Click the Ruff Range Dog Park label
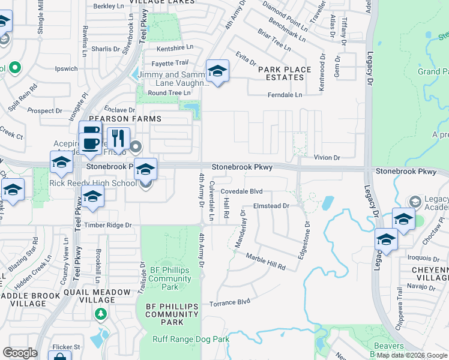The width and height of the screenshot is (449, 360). point(191,340)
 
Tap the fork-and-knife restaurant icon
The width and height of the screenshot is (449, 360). point(118,139)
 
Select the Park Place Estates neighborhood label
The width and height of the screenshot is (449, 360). point(285,73)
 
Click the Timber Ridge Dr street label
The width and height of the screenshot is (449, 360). point(107,224)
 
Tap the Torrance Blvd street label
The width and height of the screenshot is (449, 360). point(229,304)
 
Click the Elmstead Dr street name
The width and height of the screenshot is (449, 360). point(271,206)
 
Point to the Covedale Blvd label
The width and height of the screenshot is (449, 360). point(242,191)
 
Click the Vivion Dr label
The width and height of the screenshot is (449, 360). point(327,157)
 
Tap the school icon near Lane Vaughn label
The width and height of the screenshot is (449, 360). point(217,71)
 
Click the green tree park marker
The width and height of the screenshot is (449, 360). point(101,313)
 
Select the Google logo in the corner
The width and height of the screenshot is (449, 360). point(20,352)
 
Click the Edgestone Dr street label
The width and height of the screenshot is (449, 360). point(307,240)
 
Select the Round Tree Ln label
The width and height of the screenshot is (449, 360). point(169,93)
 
